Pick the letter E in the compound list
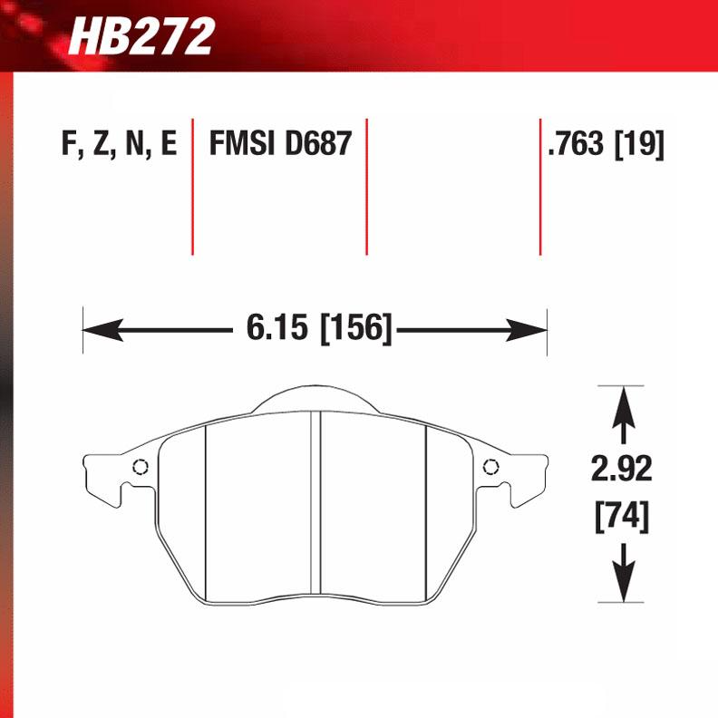click(168, 144)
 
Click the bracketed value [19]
click(640, 144)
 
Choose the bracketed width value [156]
click(356, 328)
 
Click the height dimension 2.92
click(622, 470)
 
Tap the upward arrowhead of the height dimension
click(622, 403)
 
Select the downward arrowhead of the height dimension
click(622, 586)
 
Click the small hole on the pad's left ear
click(140, 468)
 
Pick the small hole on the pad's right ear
click(491, 468)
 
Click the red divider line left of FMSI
click(193, 186)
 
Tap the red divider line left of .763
click(540, 186)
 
